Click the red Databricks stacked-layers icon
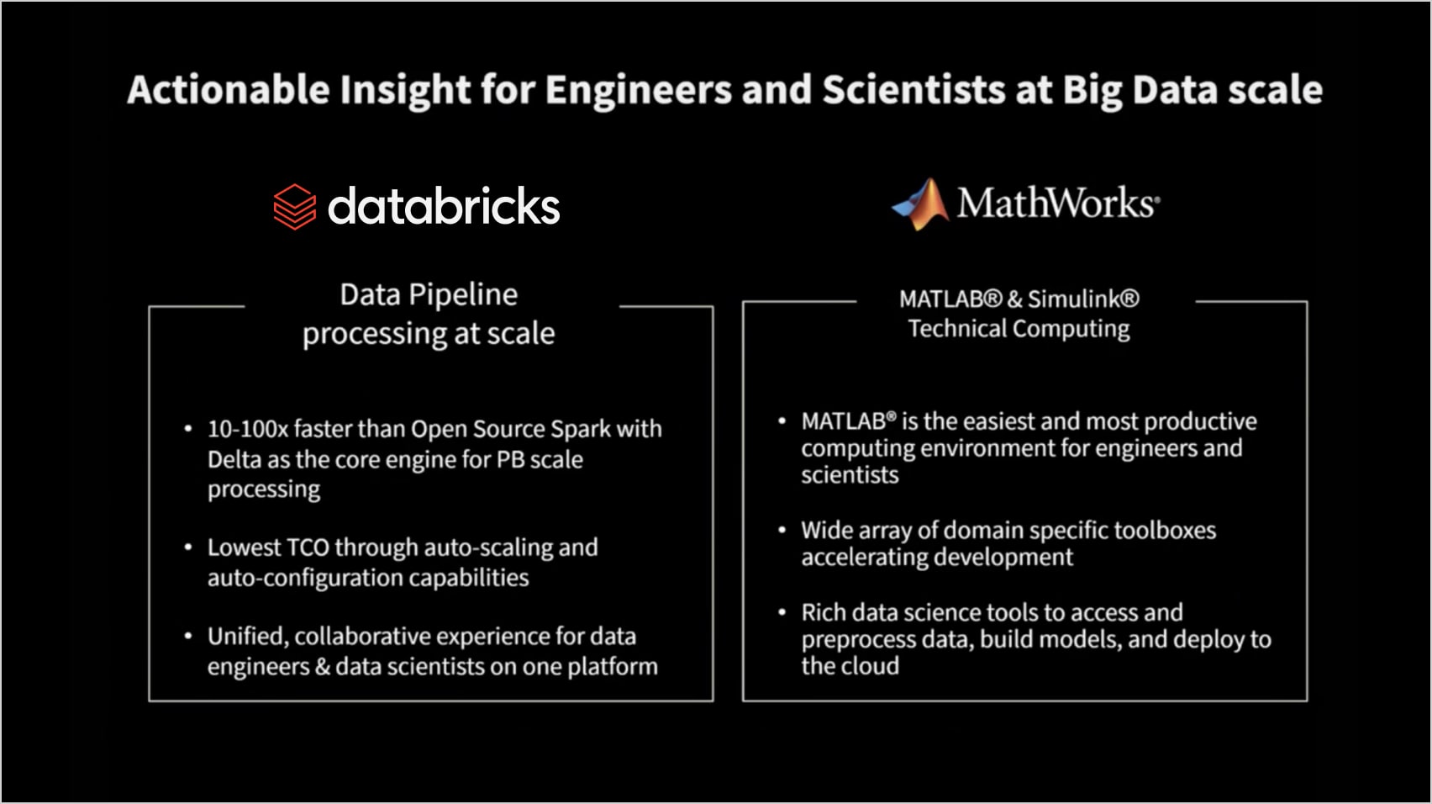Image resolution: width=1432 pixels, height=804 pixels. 295,207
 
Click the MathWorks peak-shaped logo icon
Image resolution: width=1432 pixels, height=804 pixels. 920,204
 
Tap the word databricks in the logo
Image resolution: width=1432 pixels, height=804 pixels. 444,206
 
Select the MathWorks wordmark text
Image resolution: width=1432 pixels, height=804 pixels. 1058,203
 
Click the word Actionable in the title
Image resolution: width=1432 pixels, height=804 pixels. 229,89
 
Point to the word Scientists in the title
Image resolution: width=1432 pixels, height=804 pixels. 914,89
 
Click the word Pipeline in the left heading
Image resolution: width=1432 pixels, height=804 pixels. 464,295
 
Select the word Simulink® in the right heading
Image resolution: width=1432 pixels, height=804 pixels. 1083,299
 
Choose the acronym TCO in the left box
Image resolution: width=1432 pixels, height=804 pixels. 308,547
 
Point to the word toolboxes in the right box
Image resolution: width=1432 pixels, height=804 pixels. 1165,530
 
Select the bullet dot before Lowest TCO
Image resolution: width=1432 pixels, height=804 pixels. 188,547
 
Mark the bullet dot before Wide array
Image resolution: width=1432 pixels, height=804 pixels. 782,530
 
